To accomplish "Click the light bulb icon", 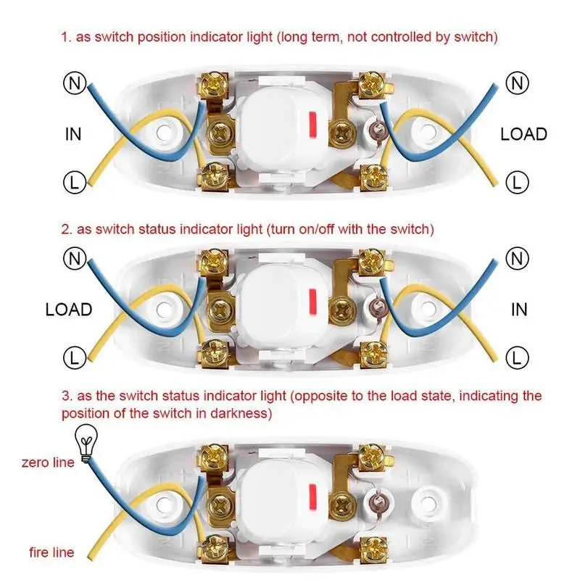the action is [86, 443].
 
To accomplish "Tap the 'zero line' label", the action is [48, 463].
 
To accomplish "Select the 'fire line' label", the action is [51, 552].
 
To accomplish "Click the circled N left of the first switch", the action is [75, 83].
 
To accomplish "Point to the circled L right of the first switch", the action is [517, 182].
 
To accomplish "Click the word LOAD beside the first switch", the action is [523, 134].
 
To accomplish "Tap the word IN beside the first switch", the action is [73, 134].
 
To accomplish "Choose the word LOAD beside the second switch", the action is [69, 310].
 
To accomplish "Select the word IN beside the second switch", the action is [519, 310].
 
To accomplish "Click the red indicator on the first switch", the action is [314, 123].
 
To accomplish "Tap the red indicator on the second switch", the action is [314, 301].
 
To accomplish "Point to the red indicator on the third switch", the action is [312, 496].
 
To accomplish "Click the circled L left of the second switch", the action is [75, 357].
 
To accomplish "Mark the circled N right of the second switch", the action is [517, 258].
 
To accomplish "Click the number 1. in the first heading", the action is [66, 38].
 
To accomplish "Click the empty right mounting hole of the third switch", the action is [428, 503].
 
